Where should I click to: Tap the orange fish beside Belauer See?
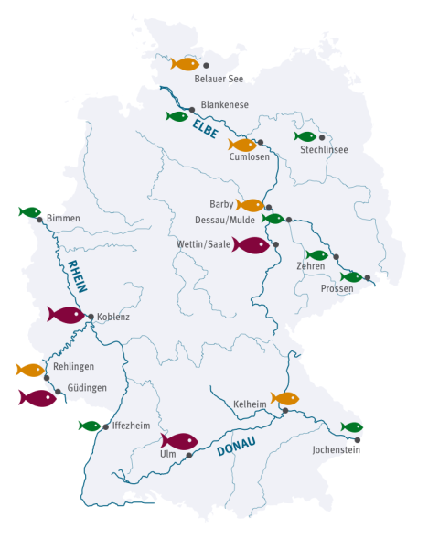[x=186, y=64]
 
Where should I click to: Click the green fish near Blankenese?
[x=177, y=116]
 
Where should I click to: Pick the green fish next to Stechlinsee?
[x=305, y=136]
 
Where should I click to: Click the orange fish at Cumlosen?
[x=242, y=145]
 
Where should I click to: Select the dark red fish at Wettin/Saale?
[x=251, y=245]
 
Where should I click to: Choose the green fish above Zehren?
[x=316, y=255]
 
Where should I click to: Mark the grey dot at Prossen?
[x=368, y=277]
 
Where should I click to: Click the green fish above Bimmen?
[x=30, y=212]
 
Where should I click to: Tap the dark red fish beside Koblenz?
[x=66, y=315]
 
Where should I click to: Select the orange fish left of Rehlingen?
[x=30, y=370]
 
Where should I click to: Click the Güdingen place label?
[x=87, y=388]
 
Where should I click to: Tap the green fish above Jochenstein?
[x=352, y=427]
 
